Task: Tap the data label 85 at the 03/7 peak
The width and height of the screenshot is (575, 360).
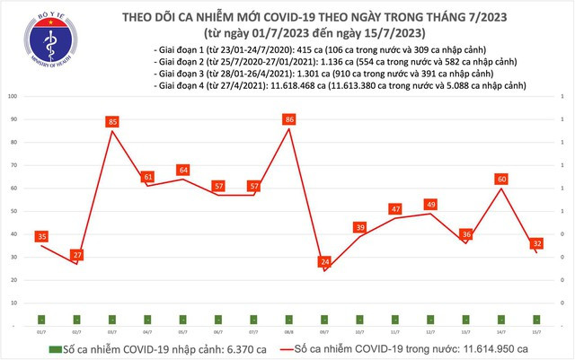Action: [x=112, y=120]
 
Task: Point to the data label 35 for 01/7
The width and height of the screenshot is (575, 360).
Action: [x=42, y=236]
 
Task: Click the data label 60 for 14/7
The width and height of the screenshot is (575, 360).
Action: [x=501, y=179]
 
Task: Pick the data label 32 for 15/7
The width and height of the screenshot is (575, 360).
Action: [x=536, y=242]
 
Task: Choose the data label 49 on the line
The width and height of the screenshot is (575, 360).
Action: [x=430, y=204]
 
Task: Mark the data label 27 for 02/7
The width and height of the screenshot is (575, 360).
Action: [x=77, y=255]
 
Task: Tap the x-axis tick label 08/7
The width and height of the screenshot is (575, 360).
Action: [x=289, y=331]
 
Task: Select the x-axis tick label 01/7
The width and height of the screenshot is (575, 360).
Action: [x=42, y=331]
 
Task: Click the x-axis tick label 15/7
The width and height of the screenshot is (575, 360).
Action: [x=536, y=331]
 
